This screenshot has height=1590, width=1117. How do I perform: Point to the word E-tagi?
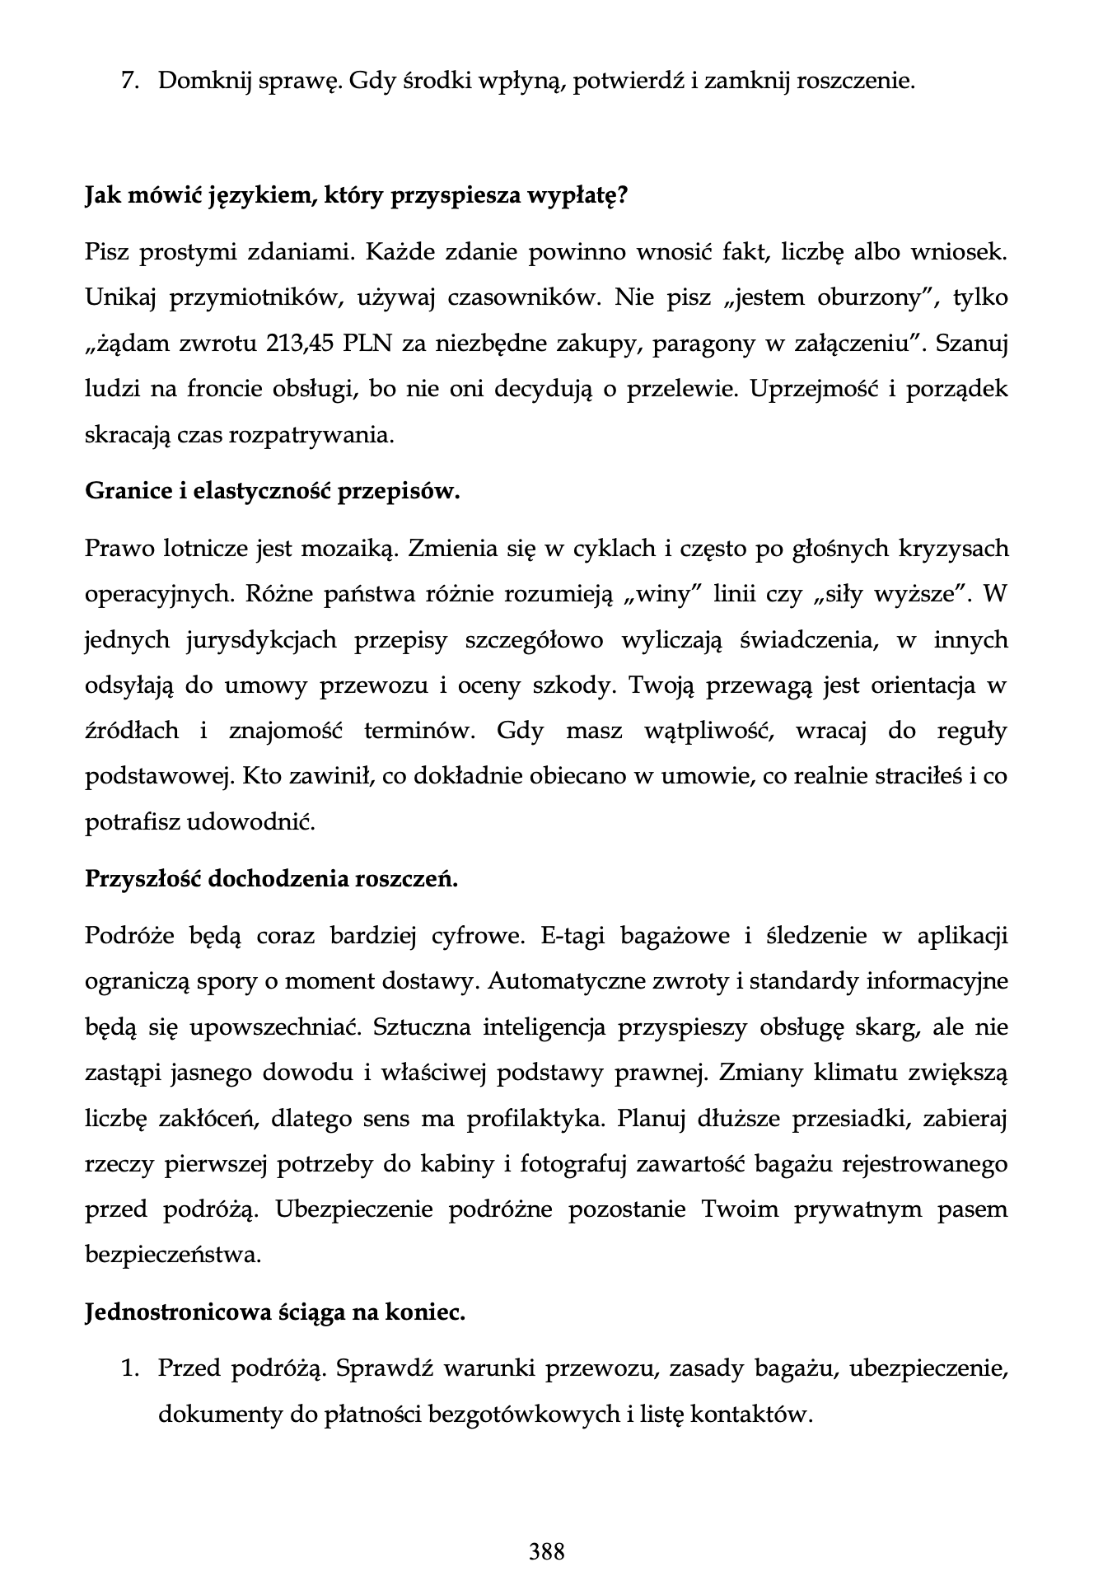(x=573, y=937)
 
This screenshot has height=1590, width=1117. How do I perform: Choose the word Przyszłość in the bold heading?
(x=143, y=879)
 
